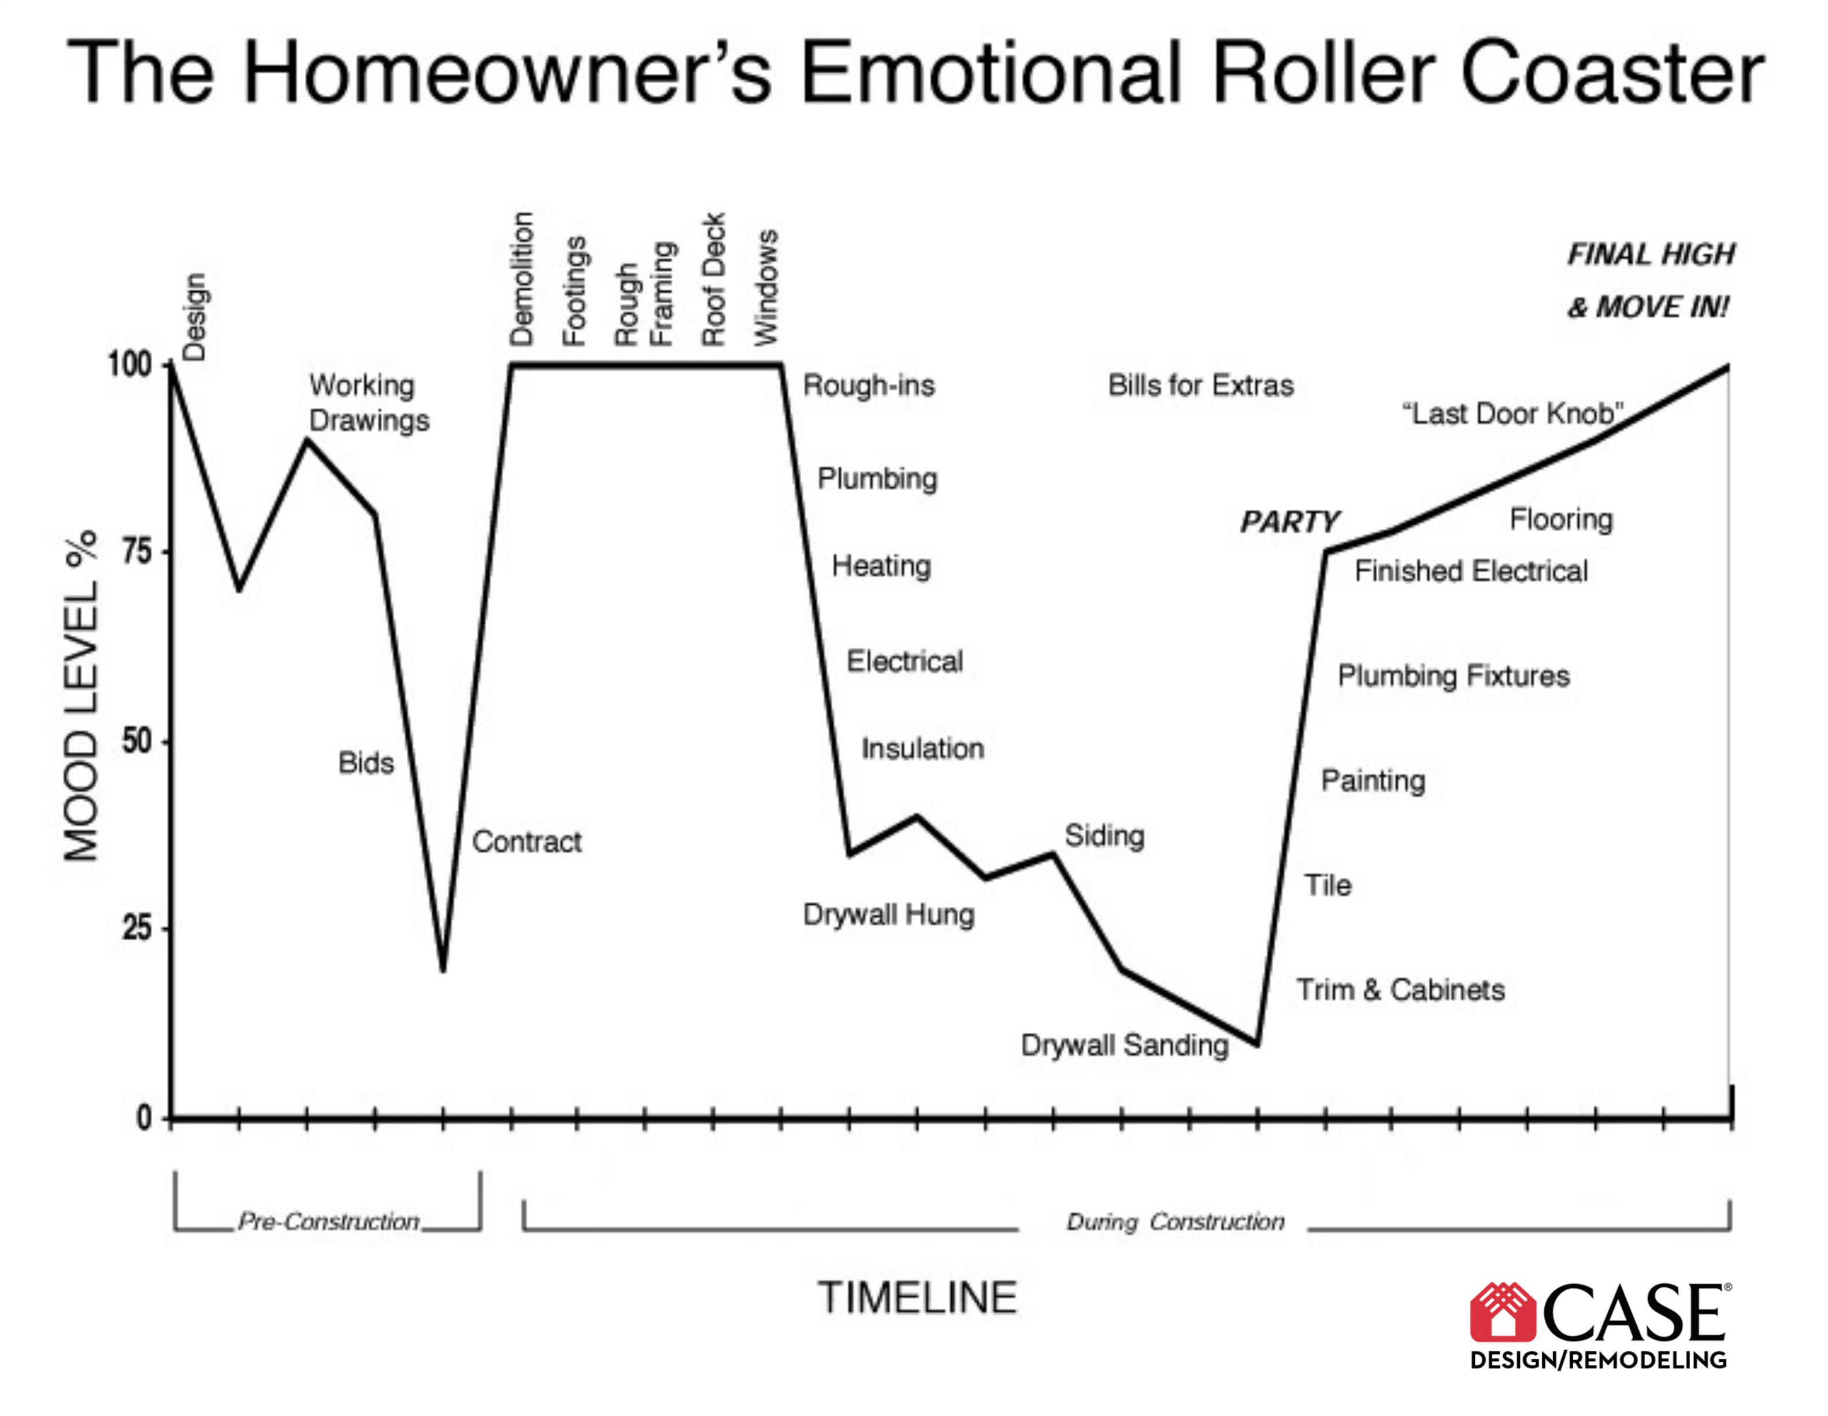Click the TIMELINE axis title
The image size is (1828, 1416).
pos(917,1298)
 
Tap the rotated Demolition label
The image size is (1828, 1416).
pos(521,279)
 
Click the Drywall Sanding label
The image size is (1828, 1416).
pos(1125,1046)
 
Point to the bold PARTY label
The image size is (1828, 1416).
pos(1290,522)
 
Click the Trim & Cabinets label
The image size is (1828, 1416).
pos(1400,990)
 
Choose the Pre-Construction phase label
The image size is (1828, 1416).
pos(328,1221)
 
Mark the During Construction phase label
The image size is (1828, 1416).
pos(1175,1222)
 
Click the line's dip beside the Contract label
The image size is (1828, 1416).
pos(443,971)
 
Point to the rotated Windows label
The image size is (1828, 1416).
pos(766,287)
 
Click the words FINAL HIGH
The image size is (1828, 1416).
pos(1651,254)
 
